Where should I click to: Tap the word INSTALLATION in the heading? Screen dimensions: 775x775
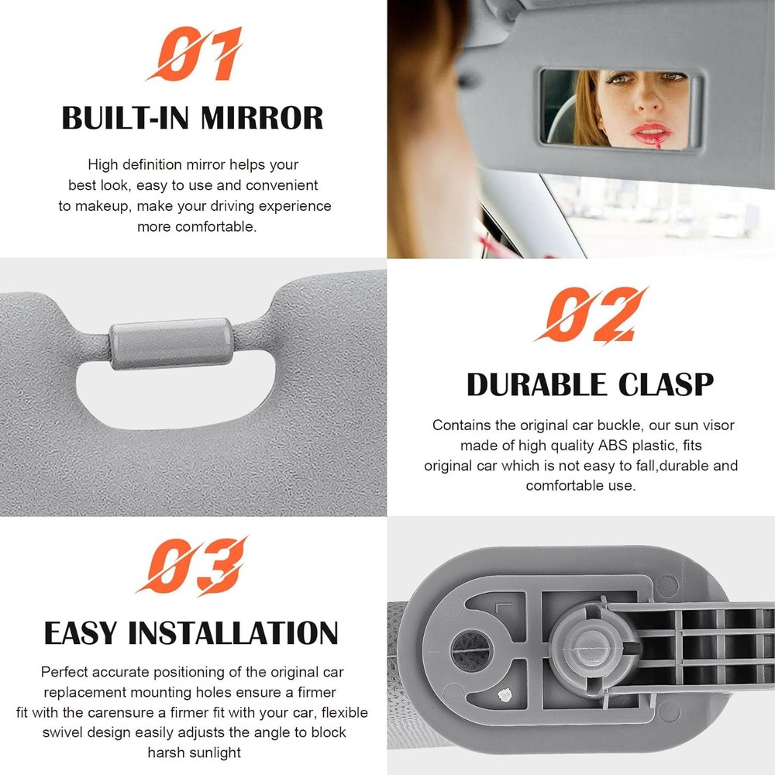click(232, 632)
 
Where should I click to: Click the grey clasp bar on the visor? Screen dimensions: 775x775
click(170, 343)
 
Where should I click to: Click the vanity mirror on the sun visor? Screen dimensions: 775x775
click(620, 108)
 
